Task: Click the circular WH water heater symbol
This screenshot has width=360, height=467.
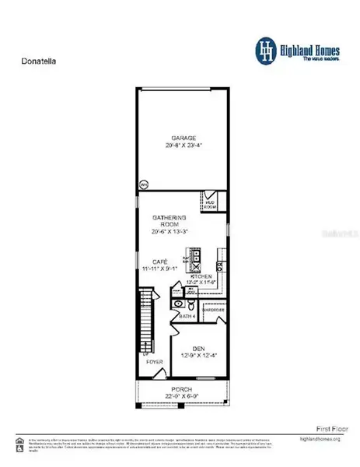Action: (144, 185)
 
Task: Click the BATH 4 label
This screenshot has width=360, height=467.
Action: (186, 318)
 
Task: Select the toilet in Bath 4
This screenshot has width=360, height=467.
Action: (178, 304)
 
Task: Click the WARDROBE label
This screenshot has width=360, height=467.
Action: (213, 308)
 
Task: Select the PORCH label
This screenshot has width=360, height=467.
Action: (181, 389)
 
